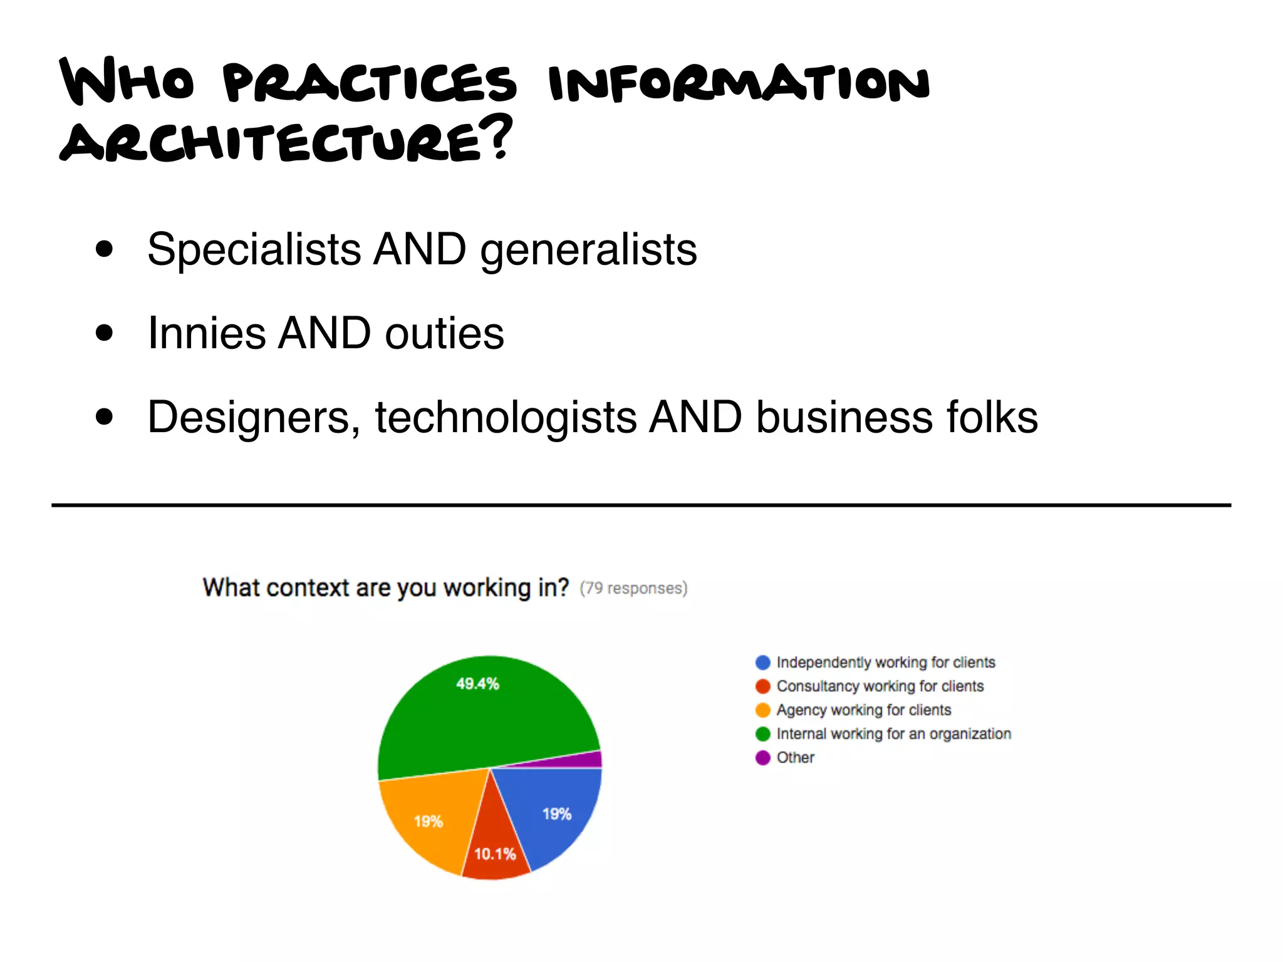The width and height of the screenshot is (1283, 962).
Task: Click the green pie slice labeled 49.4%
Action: point(476,714)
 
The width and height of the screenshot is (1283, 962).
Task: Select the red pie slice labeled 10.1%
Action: point(495,846)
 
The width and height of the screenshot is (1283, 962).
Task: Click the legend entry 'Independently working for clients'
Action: point(885,663)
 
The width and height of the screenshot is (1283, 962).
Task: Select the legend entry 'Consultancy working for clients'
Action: point(880,686)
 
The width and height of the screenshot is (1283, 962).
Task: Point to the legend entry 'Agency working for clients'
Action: point(863,710)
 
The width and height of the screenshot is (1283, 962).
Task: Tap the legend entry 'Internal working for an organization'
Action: point(893,734)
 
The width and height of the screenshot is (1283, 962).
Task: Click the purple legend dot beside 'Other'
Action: point(762,758)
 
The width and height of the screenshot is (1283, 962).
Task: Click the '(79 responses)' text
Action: point(633,589)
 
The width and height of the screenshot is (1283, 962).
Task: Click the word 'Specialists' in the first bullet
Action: point(254,250)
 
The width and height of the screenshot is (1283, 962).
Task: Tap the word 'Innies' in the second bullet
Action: point(206,333)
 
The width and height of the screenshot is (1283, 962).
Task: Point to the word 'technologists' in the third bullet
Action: point(505,418)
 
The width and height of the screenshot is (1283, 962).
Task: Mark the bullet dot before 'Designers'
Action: point(105,417)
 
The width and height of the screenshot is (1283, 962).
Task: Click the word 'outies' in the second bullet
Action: point(444,333)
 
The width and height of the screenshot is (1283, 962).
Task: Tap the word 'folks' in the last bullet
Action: point(992,418)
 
